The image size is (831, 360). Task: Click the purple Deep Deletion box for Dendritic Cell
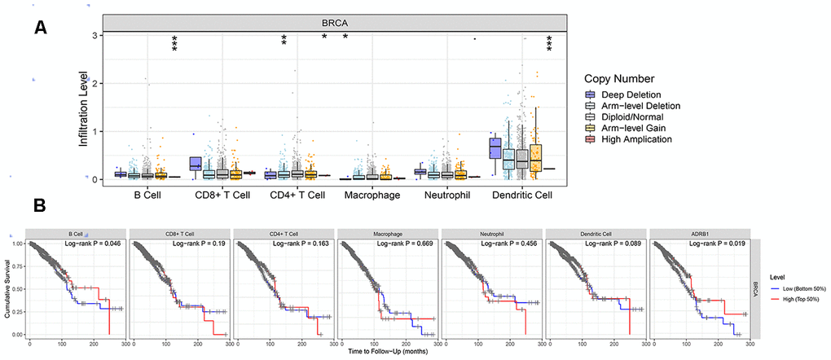click(495, 147)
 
